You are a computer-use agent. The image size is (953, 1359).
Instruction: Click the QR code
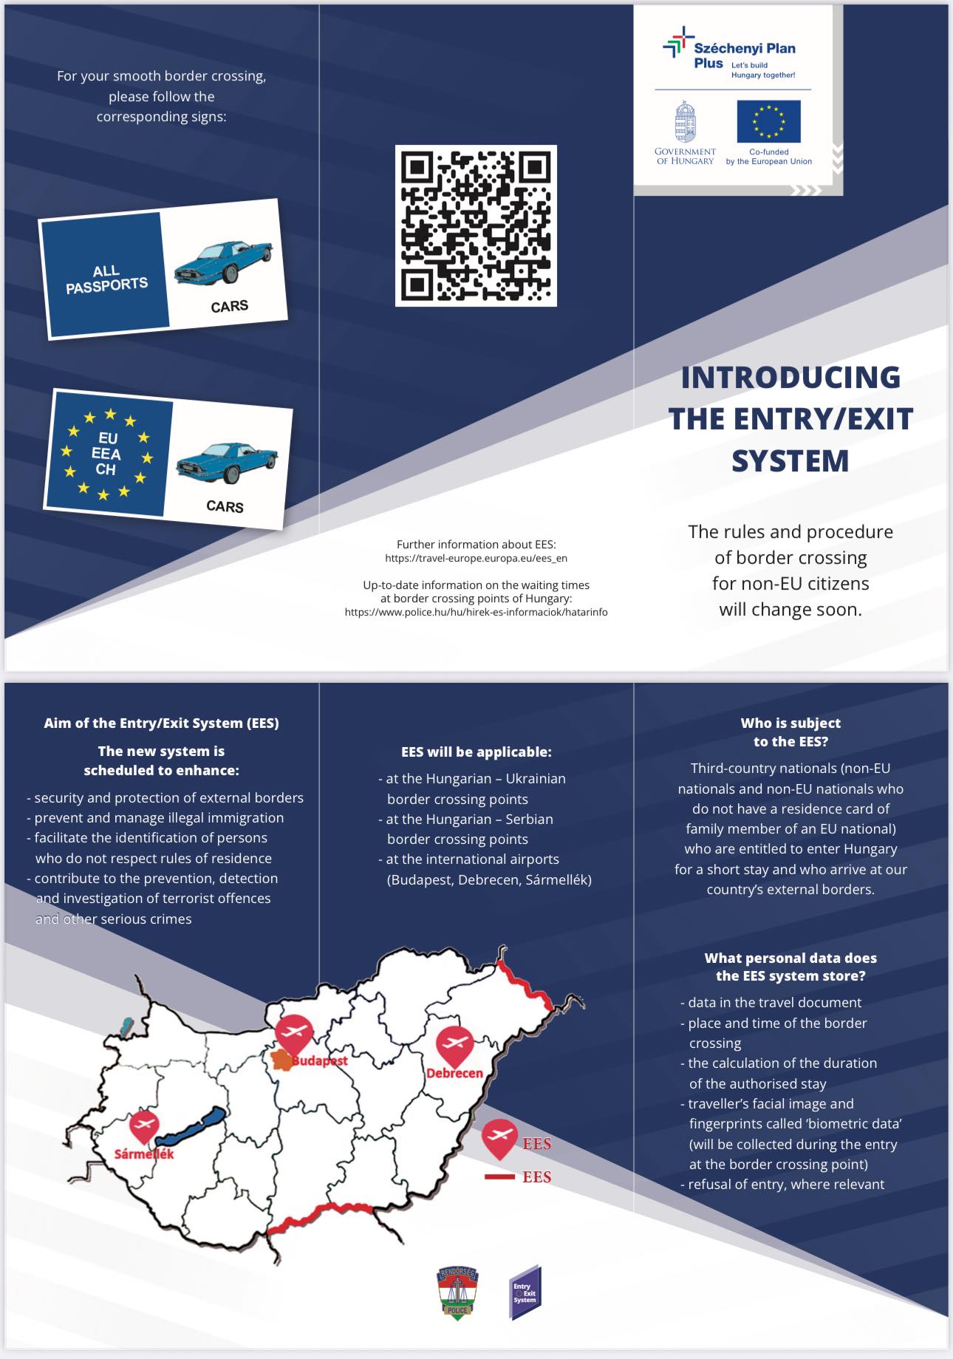coord(476,225)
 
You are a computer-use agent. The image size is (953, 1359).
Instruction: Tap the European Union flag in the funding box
coord(768,121)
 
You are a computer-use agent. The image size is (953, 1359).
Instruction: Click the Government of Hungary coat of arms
coord(685,122)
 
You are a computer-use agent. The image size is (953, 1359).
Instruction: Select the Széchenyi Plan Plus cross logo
coord(678,43)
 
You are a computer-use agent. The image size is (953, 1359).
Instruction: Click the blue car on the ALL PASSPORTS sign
coord(222,261)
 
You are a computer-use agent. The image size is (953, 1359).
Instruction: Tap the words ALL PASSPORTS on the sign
coord(106,279)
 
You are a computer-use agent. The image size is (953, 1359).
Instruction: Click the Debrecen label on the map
coord(454,1073)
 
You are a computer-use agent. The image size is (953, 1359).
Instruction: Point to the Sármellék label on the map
coord(144,1154)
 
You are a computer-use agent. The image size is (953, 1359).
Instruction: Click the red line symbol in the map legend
coord(499,1176)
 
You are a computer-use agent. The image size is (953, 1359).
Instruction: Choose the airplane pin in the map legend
coord(499,1138)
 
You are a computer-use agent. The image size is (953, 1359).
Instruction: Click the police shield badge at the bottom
coord(457,1292)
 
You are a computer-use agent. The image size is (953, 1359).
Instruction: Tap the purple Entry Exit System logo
coord(525,1292)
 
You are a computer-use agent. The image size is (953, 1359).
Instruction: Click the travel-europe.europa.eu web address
coord(476,559)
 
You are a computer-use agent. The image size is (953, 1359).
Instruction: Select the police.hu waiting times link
coord(476,612)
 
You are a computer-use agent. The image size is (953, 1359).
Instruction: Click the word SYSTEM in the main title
coord(790,461)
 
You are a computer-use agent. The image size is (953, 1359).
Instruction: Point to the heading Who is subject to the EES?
coord(790,732)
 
